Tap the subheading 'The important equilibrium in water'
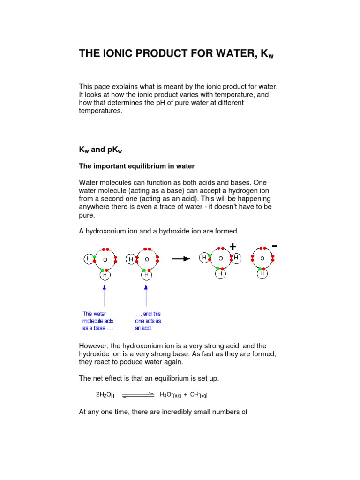tap(136, 166)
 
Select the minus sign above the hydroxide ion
tap(274, 246)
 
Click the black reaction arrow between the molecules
tap(181, 258)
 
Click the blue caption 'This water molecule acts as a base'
tap(98, 321)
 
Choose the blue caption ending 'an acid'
tap(148, 321)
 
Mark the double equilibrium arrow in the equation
tap(138, 396)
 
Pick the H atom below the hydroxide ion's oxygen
tap(262, 273)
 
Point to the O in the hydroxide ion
tap(262, 258)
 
